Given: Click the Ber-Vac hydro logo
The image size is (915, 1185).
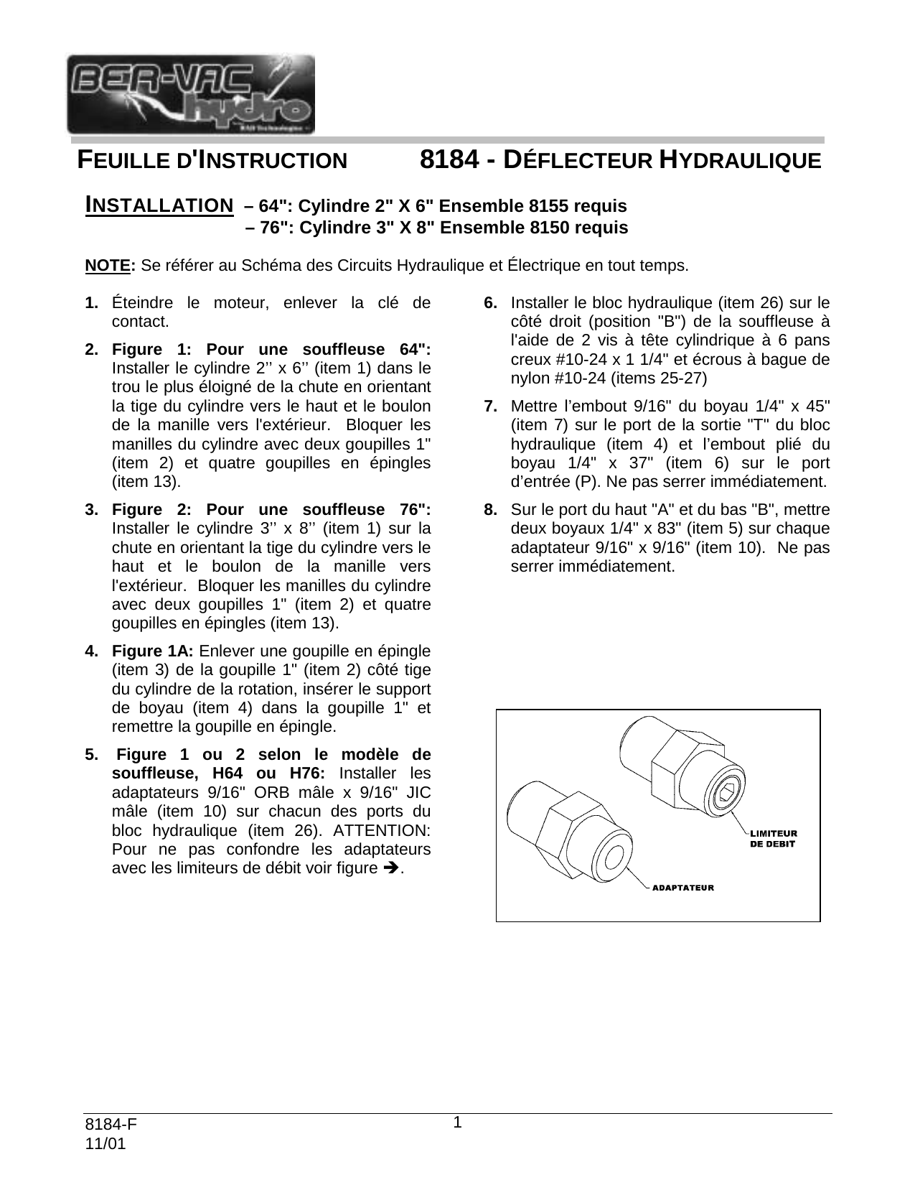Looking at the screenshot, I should [x=190, y=94].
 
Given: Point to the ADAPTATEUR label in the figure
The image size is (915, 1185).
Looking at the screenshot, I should [x=682, y=888].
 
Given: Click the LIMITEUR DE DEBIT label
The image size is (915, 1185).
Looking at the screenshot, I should [x=773, y=838].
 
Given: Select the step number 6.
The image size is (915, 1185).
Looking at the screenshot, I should [x=491, y=302].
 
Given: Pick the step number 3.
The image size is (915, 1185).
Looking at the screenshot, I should [x=91, y=510].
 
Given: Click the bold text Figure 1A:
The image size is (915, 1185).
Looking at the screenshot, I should [x=153, y=651].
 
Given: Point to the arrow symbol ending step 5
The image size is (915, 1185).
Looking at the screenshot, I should [x=391, y=868].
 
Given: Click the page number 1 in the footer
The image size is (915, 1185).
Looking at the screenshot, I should [x=456, y=1122].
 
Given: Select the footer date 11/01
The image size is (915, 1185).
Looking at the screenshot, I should [x=105, y=1144].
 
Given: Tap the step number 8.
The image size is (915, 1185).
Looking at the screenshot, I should [x=491, y=510].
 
